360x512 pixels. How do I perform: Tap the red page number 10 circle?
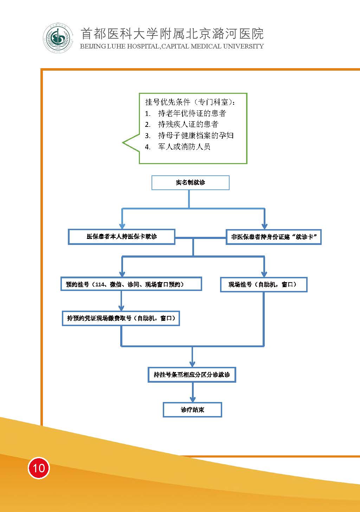pyautogui.click(x=39, y=468)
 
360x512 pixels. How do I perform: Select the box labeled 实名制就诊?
pyautogui.click(x=190, y=183)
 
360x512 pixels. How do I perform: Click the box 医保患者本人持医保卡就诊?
pyautogui.click(x=121, y=236)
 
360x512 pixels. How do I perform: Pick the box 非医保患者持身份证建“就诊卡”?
pyautogui.click(x=274, y=237)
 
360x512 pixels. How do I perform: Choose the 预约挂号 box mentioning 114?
pyautogui.click(x=131, y=284)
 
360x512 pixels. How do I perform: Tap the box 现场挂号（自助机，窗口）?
pyautogui.click(x=263, y=284)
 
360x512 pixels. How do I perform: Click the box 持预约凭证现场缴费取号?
pyautogui.click(x=121, y=318)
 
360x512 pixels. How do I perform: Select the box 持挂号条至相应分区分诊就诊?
pyautogui.click(x=192, y=375)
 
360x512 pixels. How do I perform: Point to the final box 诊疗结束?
pyautogui.click(x=192, y=410)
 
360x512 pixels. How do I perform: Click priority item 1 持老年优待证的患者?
pyautogui.click(x=192, y=113)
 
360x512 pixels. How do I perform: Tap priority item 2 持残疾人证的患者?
pyautogui.click(x=188, y=124)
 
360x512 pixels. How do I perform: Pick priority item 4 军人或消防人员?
pyautogui.click(x=184, y=147)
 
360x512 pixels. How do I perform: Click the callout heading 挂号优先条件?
pyautogui.click(x=190, y=102)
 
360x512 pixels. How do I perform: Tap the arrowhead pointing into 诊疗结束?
pyautogui.click(x=192, y=399)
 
